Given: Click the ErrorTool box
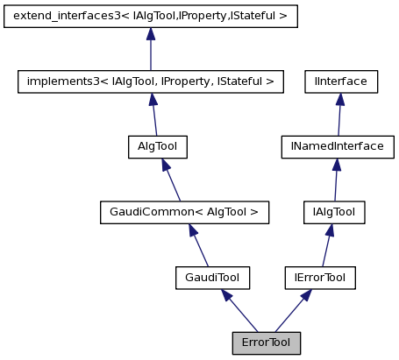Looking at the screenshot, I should [x=267, y=342].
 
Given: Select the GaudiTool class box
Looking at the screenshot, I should [x=213, y=278].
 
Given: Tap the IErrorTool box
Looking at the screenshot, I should [x=320, y=278].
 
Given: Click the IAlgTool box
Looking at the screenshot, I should [x=333, y=212].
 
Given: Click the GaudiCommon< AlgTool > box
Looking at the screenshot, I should [x=184, y=212].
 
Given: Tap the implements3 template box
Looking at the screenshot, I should [x=151, y=81].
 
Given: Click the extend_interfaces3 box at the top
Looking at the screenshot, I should [x=151, y=16].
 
